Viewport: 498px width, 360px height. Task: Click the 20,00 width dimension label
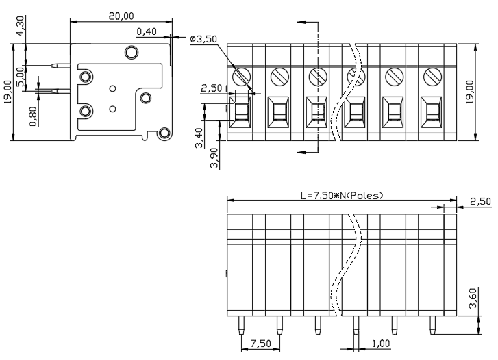121,16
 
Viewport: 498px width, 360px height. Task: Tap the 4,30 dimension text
20,26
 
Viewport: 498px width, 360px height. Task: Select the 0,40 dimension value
147,31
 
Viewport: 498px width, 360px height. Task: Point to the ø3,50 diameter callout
203,39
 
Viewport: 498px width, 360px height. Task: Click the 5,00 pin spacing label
20,77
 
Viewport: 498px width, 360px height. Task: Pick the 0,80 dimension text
33,116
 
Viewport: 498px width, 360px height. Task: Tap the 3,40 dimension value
199,138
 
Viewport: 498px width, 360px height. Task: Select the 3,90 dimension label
214,158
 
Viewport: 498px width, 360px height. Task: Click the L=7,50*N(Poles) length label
342,196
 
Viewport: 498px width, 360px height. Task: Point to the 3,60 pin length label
473,298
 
